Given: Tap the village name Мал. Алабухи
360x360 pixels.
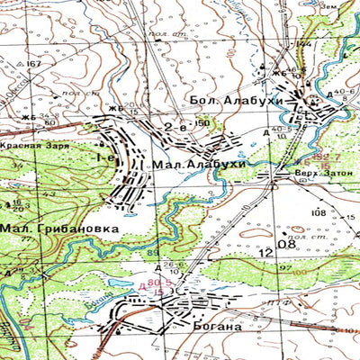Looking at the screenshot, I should (186, 164).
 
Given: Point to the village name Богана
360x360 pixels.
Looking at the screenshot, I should (217, 327).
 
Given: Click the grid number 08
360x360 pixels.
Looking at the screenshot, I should (287, 244).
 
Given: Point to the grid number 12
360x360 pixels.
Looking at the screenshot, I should (263, 256).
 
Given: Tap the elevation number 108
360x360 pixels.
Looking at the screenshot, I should (317, 212).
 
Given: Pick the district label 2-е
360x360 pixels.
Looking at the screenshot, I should (175, 129).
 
